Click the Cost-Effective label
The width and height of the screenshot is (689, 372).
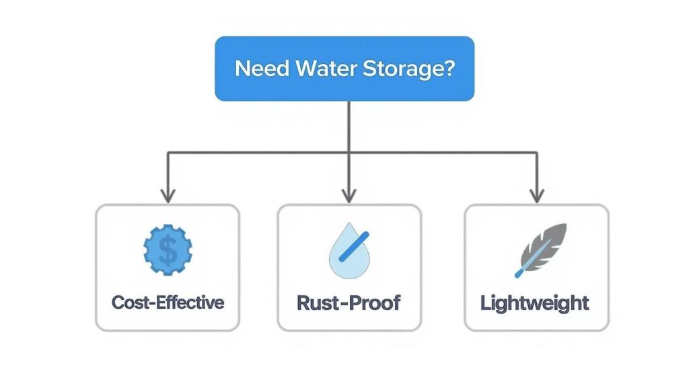[x=168, y=302]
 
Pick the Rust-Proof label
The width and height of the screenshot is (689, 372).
[x=349, y=302]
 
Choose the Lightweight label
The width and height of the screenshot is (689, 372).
[x=535, y=302]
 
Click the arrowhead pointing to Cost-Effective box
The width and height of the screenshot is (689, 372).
[x=168, y=196]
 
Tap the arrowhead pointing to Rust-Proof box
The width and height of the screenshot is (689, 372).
[x=349, y=196]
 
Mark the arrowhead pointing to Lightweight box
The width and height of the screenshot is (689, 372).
[x=536, y=196]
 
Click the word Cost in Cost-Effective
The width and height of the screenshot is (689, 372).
[x=129, y=302]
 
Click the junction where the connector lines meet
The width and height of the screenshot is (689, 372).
[x=349, y=153]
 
